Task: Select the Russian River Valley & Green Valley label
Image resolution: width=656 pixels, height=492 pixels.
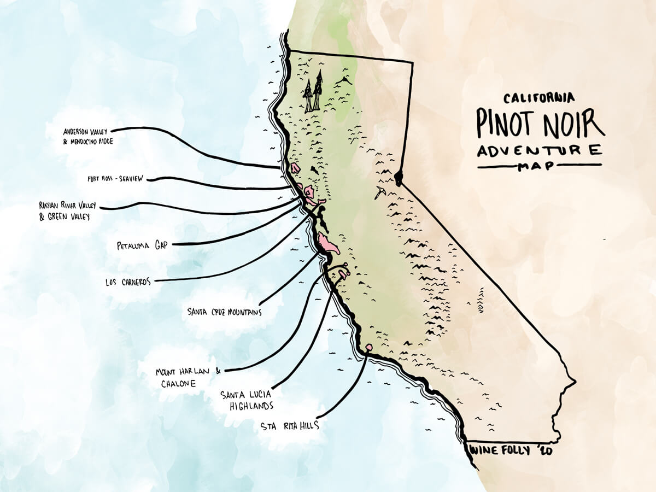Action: point(67,210)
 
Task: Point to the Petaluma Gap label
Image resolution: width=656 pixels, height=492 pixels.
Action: point(143,245)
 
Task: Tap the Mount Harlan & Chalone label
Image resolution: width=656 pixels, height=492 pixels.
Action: point(186,377)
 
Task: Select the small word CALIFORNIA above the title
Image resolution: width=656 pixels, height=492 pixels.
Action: point(539,98)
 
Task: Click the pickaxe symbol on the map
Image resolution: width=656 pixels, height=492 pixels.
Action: point(380,192)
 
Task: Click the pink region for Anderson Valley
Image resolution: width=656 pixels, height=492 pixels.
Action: point(295,167)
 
